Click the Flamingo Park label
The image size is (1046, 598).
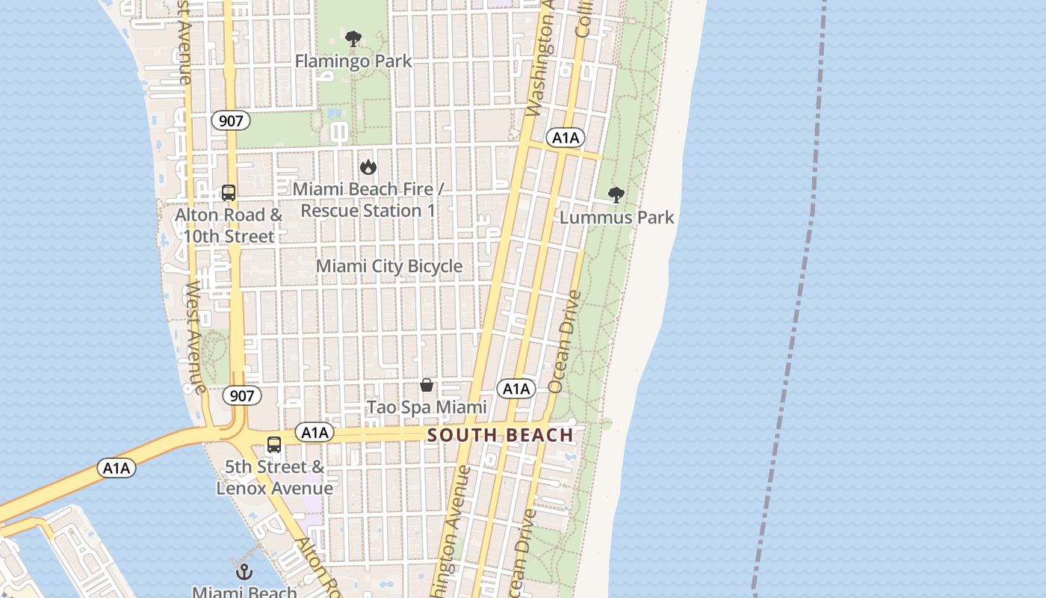point(353,61)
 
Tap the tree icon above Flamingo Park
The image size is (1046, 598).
point(353,39)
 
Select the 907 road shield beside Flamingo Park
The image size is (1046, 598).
point(230,120)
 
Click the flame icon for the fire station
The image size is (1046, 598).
point(368,167)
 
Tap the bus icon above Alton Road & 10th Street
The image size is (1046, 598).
point(229,193)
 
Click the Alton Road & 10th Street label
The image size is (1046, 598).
point(229,225)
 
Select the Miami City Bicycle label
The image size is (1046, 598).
point(389,266)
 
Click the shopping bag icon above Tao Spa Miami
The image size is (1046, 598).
point(427,385)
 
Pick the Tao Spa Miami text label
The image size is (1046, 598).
point(427,407)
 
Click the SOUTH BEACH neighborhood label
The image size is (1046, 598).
point(501,435)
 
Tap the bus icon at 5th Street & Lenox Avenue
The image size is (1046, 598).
point(274,445)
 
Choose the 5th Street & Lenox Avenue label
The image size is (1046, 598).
point(275,478)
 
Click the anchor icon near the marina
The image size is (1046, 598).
point(244,572)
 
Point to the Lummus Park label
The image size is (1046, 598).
point(616,218)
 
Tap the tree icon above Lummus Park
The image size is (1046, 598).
point(616,195)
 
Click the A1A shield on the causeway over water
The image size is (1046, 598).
point(117,469)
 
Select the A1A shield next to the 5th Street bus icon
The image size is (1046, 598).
point(315,432)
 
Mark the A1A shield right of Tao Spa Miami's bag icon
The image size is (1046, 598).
point(516,389)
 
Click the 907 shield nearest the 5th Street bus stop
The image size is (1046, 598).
point(242,395)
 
